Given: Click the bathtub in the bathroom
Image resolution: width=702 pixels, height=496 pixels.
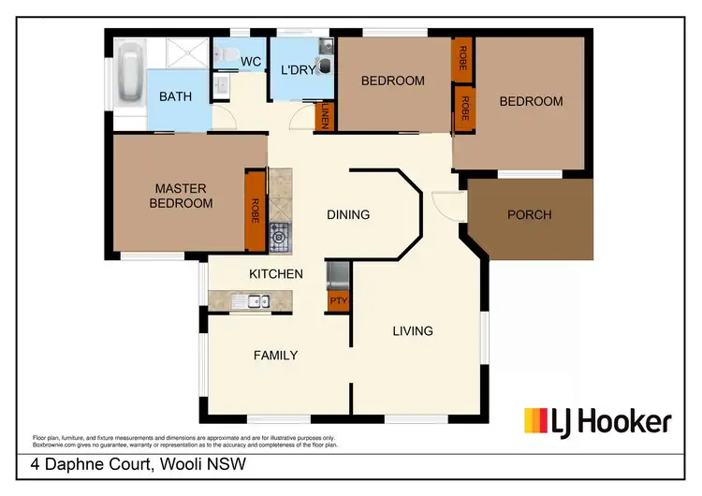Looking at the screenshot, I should [131, 74].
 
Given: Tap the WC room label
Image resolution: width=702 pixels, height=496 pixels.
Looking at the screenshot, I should [250, 62].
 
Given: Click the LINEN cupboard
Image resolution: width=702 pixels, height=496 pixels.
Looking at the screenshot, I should [325, 116].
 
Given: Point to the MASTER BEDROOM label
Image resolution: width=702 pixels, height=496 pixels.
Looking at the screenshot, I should [183, 197].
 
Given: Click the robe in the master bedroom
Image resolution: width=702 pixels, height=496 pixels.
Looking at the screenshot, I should [255, 211].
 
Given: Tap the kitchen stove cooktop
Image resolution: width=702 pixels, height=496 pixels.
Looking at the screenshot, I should [280, 238].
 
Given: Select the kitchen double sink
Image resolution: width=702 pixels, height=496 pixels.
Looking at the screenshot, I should [251, 301].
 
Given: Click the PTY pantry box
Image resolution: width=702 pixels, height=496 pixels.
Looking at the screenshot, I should [337, 301].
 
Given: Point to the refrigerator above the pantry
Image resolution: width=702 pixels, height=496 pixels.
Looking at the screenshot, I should [337, 276].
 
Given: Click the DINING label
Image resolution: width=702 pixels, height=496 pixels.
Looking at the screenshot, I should [348, 214].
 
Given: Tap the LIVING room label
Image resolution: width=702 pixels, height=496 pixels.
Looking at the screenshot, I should [413, 330].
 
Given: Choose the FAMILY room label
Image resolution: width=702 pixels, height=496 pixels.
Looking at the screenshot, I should [276, 355].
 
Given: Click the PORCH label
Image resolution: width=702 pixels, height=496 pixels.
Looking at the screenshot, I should [530, 214].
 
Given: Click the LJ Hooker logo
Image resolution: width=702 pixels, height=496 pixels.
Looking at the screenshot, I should [597, 421].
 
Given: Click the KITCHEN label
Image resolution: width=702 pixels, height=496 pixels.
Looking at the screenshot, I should [275, 274].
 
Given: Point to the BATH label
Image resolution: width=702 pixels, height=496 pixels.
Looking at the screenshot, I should [175, 96].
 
